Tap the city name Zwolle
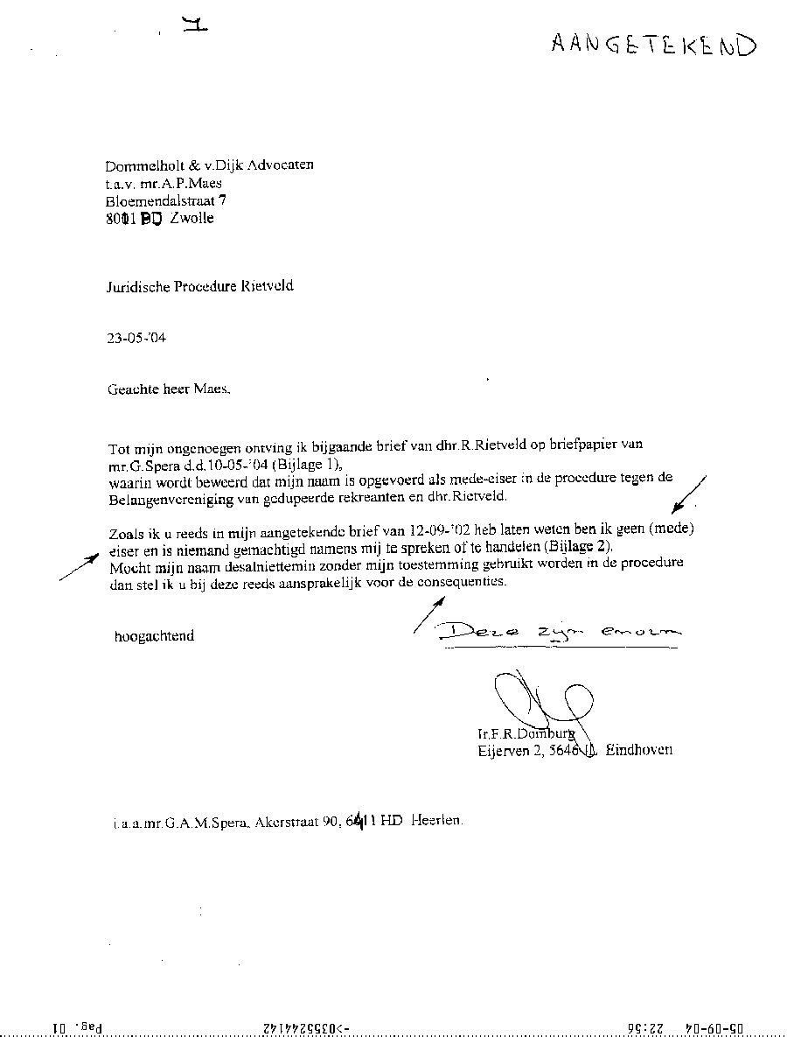(x=192, y=218)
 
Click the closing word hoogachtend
(x=154, y=636)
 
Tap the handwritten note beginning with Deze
(x=560, y=632)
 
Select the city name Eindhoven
(x=639, y=750)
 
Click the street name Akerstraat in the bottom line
(x=283, y=823)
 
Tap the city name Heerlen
(x=435, y=822)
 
